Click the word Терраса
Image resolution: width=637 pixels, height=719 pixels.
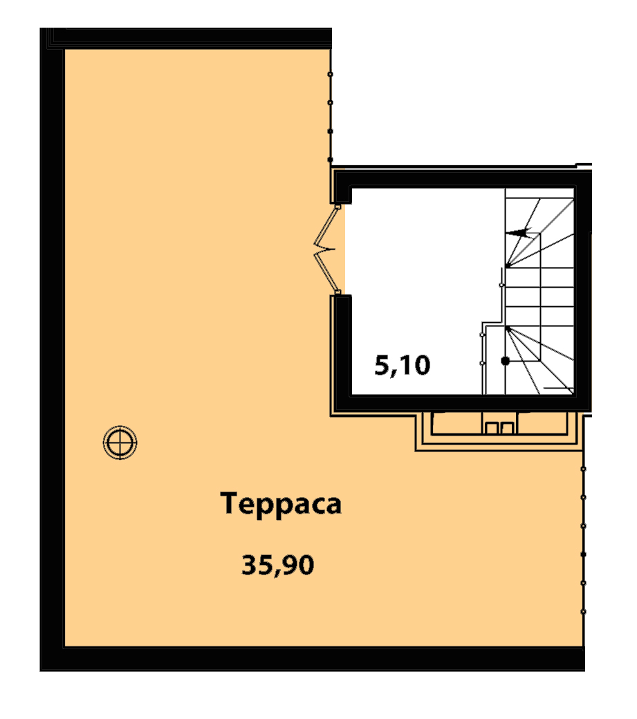pos(281,505)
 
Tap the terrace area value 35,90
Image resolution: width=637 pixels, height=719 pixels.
pos(278,565)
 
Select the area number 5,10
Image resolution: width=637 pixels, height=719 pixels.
pos(403,366)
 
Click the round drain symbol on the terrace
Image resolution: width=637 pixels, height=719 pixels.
pos(120,442)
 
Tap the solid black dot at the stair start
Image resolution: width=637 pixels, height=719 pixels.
pos(506,361)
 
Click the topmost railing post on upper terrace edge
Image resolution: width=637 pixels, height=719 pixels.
pos(330,74)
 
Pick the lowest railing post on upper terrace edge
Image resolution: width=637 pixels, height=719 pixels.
pos(330,160)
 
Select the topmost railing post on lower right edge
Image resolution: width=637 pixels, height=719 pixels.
pos(583,469)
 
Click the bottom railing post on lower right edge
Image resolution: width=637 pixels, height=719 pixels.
pos(583,612)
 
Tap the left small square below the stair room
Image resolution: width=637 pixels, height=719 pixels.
pos(491,428)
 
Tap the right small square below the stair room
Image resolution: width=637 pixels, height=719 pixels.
pos(507,428)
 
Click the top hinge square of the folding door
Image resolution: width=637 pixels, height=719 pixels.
pos(338,207)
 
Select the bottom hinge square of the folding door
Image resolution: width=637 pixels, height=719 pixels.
pos(338,292)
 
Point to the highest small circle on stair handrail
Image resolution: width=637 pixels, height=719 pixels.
pos(501,285)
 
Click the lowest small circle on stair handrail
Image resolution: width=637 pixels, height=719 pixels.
pos(482,363)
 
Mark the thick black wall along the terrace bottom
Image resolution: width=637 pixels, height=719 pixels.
pos(313,660)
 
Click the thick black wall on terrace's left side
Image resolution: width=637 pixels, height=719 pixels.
pos(52,349)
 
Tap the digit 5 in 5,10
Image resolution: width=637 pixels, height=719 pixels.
pos(382,366)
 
